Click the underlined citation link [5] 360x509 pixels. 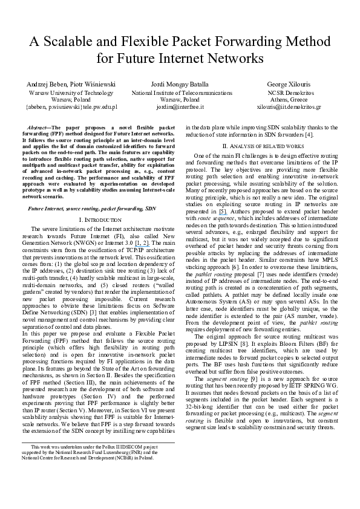point(223,212)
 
